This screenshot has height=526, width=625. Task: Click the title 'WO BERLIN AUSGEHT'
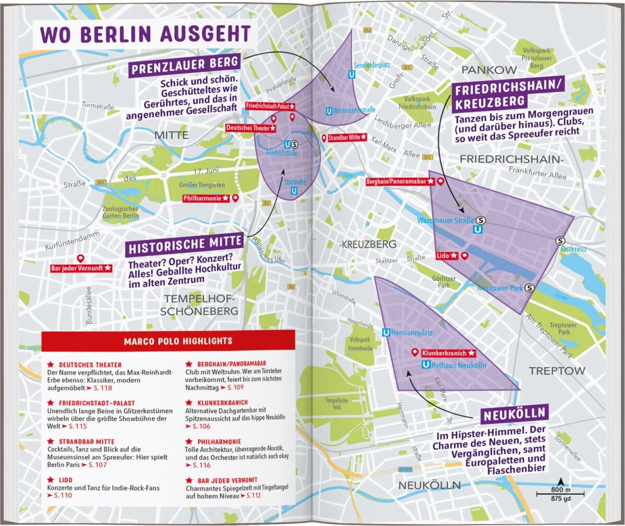tap(145, 34)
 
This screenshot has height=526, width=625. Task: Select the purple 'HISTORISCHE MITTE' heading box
tap(185, 244)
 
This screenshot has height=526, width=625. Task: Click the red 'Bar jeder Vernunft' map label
tap(81, 268)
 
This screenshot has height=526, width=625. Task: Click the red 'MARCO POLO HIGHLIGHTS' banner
tap(178, 341)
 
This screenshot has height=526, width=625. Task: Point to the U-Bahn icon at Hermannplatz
tap(386, 333)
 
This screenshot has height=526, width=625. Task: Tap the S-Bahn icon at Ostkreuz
tap(560, 241)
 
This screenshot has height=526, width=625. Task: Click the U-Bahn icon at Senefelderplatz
tap(353, 74)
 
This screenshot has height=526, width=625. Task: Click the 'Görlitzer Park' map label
tap(444, 282)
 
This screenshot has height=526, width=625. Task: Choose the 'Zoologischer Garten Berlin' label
tap(120, 212)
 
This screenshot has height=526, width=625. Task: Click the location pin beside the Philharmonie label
tap(235, 198)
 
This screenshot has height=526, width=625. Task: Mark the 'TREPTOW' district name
tap(557, 371)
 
